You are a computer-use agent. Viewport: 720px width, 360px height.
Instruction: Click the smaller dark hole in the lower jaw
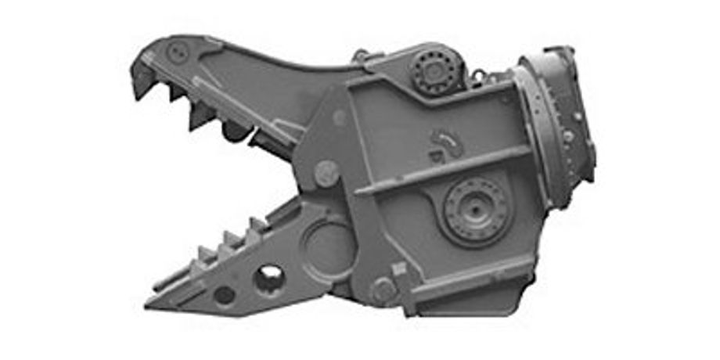coord(225,295)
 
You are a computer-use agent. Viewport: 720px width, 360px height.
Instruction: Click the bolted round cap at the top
coord(435,71)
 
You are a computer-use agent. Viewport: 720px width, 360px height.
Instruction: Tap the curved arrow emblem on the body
coord(446,144)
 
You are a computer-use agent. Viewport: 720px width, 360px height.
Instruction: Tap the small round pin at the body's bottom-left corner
coord(383,290)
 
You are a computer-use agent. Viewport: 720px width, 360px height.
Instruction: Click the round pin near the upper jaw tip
coord(176,53)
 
